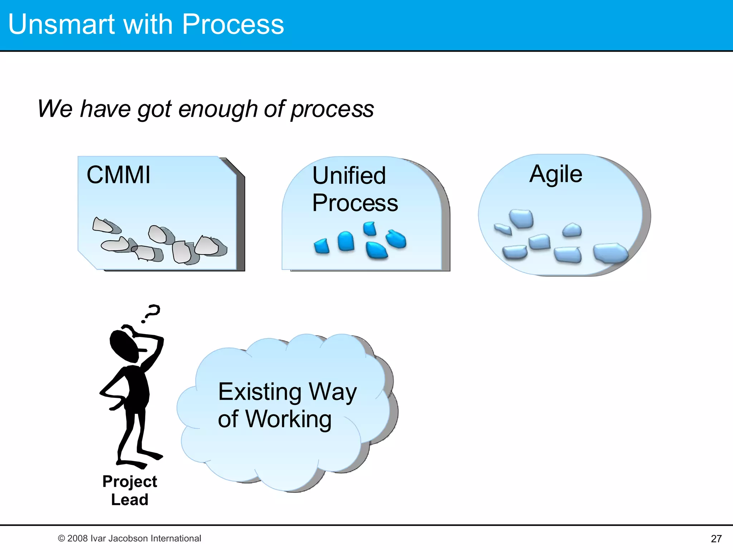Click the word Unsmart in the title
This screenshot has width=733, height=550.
[61, 24]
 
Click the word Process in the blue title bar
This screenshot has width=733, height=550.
[233, 24]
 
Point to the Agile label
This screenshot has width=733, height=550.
[555, 174]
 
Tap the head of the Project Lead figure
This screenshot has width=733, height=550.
[123, 346]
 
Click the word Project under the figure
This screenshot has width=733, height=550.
[130, 481]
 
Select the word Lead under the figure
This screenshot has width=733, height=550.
[130, 500]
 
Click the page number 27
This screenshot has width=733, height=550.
[716, 539]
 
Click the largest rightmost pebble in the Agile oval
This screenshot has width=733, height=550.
[610, 253]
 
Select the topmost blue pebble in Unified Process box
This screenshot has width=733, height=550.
[369, 228]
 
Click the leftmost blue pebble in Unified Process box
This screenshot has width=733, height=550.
[322, 246]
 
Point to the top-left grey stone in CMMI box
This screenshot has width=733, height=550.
[102, 225]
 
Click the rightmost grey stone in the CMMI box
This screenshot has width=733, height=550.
[207, 246]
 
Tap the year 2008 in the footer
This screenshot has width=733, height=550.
[78, 538]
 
